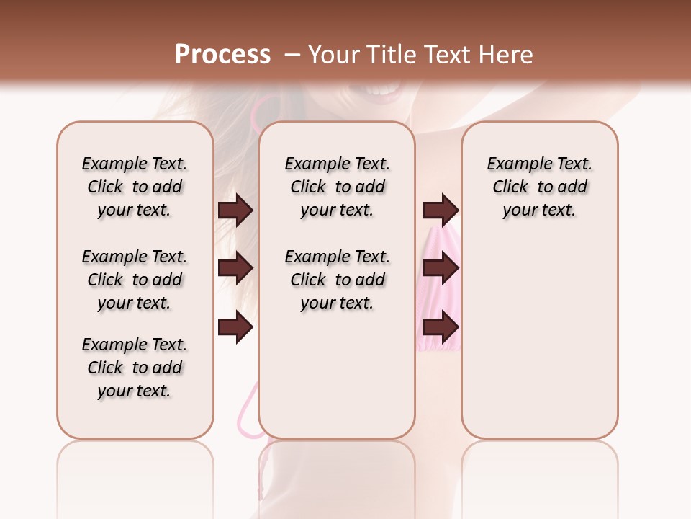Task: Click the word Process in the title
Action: coord(222,55)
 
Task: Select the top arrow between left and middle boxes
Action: coord(235,210)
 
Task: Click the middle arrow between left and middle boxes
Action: coord(235,269)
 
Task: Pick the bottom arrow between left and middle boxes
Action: coord(235,328)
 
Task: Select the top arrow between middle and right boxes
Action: coord(441,210)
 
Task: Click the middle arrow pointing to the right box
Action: coord(441,269)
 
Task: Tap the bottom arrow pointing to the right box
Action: coord(441,328)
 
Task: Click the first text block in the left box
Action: coord(135,187)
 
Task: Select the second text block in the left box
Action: coord(135,280)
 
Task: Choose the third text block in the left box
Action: coord(135,368)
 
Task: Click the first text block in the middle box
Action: coord(337,187)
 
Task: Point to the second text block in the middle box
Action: coord(337,280)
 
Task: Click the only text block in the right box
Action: coord(539,187)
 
